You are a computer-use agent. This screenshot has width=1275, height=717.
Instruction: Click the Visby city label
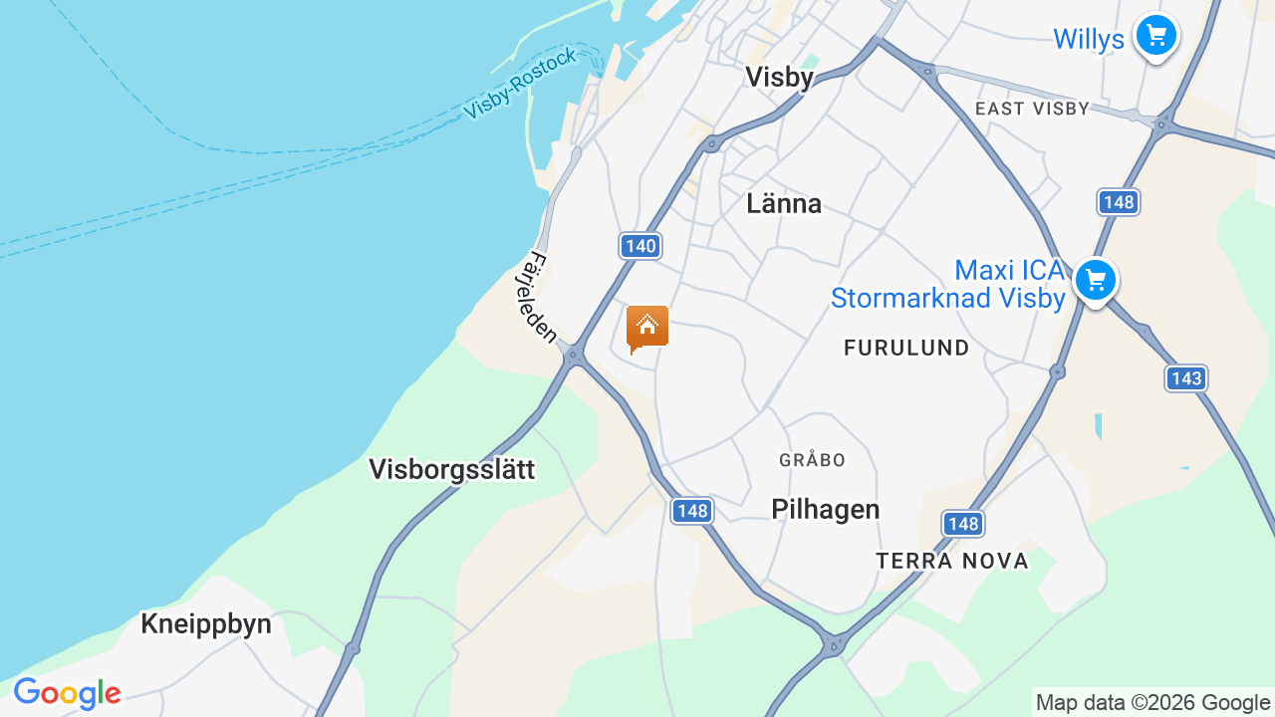click(x=779, y=77)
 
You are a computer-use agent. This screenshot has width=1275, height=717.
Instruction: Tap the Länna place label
click(x=784, y=204)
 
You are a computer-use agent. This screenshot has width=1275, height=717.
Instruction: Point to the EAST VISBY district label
click(x=1032, y=109)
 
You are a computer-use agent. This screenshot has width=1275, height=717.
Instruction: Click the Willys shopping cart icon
click(x=1155, y=37)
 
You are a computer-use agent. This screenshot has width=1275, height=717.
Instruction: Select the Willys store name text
click(x=1089, y=40)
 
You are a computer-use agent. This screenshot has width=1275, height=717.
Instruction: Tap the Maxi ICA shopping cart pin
click(x=1095, y=281)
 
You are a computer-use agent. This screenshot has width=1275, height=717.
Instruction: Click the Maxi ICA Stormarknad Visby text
click(x=948, y=284)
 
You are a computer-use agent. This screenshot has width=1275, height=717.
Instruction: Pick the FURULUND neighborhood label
click(x=906, y=348)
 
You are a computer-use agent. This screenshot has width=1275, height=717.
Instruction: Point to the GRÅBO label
click(x=812, y=460)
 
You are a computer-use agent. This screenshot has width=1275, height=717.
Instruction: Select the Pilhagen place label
click(x=826, y=510)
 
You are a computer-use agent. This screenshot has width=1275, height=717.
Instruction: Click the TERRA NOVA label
click(x=952, y=562)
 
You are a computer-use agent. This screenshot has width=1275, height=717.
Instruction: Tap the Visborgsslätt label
click(x=451, y=469)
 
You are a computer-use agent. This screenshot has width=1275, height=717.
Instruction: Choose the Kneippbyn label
click(x=206, y=624)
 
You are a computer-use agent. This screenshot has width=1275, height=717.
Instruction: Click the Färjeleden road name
click(x=539, y=298)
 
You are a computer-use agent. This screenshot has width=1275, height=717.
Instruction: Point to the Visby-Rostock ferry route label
click(x=520, y=84)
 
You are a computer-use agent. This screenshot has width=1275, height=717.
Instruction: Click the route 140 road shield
click(x=640, y=246)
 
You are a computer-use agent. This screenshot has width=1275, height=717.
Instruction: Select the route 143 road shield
click(x=1185, y=378)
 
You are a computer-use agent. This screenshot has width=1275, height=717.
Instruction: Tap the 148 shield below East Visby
click(x=1119, y=203)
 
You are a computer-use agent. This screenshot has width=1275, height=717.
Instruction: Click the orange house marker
click(x=646, y=328)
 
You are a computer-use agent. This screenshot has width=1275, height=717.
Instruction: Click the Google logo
click(x=67, y=693)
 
